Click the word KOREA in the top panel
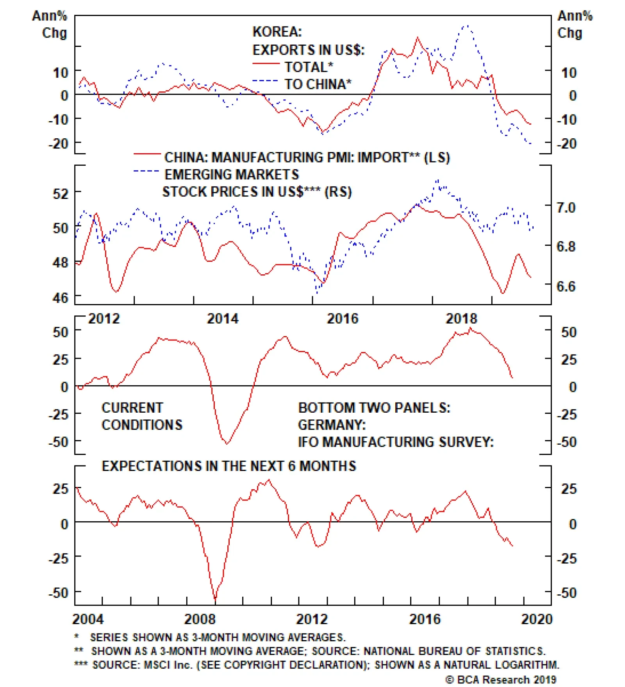coord(277,32)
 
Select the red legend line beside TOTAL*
coord(266,64)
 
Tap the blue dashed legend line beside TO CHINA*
coord(266,81)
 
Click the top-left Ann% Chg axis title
coord(50,24)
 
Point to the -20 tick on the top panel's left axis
coord(58,144)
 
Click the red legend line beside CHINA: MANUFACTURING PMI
coord(146,154)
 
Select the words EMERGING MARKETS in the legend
coord(232,174)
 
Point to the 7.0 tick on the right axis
coord(566,208)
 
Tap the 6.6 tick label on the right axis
coord(566,286)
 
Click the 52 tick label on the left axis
coord(61,193)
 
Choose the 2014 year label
coord(223,319)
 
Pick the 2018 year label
coord(461,319)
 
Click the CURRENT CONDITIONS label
coord(141,416)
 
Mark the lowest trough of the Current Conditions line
coord(227,444)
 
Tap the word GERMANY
coord(332,425)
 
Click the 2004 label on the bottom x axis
coord(88,619)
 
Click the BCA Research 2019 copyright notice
coord(501,680)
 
